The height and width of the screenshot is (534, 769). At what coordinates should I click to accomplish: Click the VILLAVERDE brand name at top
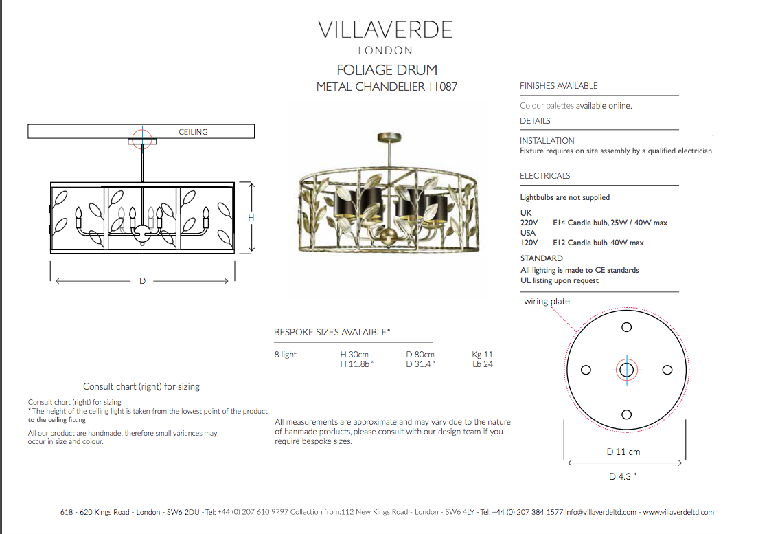coord(385,30)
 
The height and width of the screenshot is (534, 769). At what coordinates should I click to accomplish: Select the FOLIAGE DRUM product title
coord(387,69)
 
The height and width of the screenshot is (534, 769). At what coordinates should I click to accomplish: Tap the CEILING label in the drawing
coord(193,132)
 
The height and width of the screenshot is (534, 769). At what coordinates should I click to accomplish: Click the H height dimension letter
coord(251,217)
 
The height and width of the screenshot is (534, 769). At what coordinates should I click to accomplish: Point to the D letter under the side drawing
coord(142,280)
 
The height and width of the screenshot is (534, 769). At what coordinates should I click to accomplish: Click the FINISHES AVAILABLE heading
coord(559,86)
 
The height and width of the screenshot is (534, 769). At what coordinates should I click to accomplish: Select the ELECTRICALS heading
coord(545,176)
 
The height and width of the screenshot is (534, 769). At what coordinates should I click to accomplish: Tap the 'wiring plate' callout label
coord(547,301)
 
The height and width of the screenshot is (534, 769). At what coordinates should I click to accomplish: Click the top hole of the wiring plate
coord(626,327)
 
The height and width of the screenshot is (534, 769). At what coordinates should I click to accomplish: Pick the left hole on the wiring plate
coord(586,370)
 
